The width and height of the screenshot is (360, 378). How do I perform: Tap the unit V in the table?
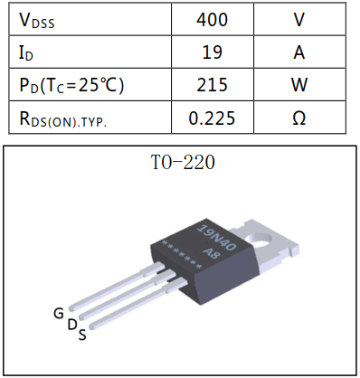(x=298, y=18)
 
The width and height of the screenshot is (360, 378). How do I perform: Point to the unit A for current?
(x=298, y=52)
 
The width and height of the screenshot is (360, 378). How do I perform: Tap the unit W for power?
(x=298, y=86)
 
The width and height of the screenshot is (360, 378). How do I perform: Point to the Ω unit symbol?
(x=298, y=118)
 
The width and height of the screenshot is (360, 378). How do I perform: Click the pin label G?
(x=58, y=313)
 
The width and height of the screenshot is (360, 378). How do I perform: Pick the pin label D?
(x=71, y=325)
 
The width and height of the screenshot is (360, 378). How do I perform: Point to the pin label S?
(x=82, y=335)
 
